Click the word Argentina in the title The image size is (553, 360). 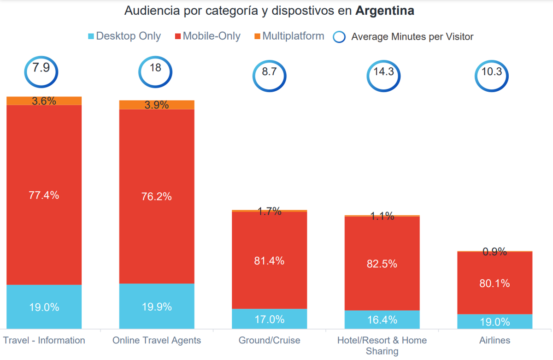[385, 11]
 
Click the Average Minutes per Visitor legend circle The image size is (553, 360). [339, 37]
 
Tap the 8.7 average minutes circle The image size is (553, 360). [269, 73]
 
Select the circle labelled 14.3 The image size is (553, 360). [383, 73]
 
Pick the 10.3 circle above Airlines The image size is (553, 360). [492, 73]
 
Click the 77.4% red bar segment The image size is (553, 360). [44, 195]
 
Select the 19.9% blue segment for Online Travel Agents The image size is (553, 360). [157, 306]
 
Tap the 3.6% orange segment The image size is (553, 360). [44, 101]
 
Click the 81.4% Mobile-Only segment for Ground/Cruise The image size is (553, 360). [269, 260]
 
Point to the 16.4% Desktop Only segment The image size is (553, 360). [382, 319]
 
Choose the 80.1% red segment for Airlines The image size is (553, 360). [494, 283]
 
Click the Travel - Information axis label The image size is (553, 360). [44, 341]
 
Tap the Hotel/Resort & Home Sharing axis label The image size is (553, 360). [382, 346]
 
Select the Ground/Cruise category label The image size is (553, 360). [269, 341]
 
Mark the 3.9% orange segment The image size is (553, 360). [157, 105]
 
